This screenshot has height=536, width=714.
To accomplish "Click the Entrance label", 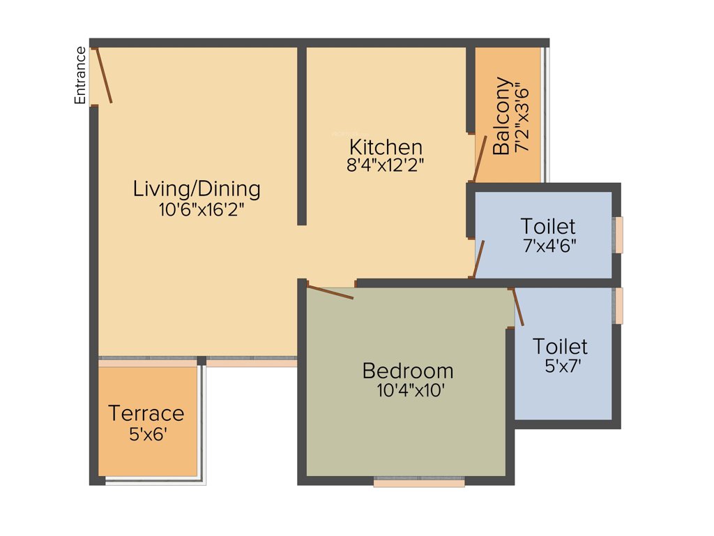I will [81, 75].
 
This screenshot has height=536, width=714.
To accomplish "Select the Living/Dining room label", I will [197, 189].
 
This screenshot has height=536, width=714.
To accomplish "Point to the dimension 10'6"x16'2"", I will [201, 210].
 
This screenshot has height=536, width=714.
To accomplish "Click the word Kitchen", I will [386, 147].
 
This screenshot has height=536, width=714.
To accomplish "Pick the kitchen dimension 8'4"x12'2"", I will [386, 165].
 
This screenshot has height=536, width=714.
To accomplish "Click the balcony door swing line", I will [480, 158].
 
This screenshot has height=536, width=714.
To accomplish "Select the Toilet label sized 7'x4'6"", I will [548, 226].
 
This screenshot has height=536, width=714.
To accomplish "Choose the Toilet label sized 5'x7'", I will [560, 346].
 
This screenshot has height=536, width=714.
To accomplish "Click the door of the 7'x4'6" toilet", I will [479, 259].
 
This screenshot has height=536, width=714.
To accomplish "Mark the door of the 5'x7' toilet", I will [517, 307].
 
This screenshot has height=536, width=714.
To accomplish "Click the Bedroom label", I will [408, 371].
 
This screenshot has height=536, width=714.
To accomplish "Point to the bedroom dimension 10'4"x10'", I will [411, 390].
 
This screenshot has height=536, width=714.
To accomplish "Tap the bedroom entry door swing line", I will [330, 292].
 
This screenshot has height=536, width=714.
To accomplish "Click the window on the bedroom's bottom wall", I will [419, 482].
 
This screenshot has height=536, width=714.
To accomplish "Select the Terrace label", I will [146, 413].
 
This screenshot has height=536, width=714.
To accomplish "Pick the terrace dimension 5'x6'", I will [148, 433].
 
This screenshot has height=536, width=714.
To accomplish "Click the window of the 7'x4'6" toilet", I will [618, 234].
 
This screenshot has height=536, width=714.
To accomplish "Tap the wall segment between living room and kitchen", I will [302, 136].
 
